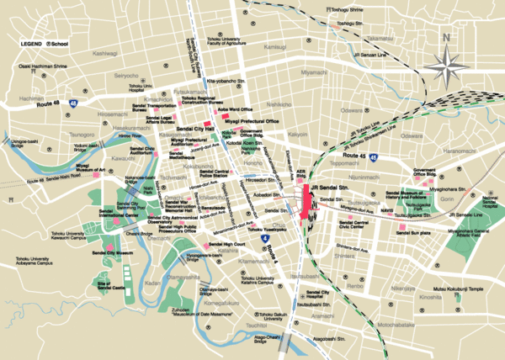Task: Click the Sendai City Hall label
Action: click(194, 129)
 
